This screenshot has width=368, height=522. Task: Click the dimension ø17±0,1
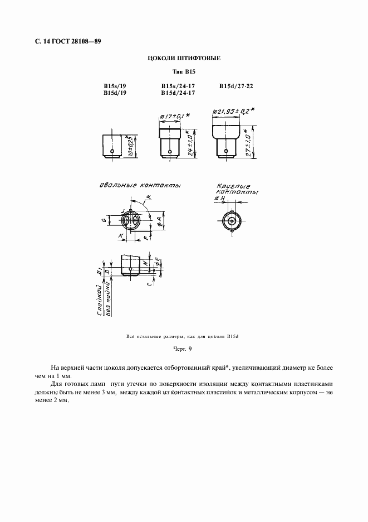174,116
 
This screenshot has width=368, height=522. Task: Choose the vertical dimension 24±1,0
191,143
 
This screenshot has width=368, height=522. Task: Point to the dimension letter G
104,221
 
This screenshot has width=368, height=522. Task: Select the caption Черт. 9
183,349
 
